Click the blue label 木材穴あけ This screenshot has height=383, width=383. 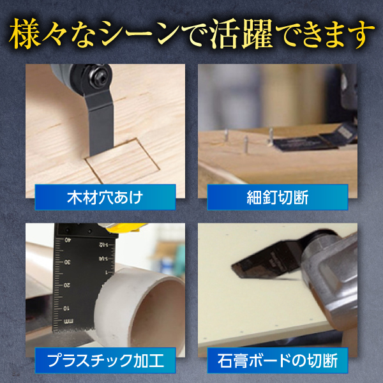tap(105, 197)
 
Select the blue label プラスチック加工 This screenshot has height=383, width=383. tap(105, 360)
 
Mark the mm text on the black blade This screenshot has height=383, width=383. tap(70, 320)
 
